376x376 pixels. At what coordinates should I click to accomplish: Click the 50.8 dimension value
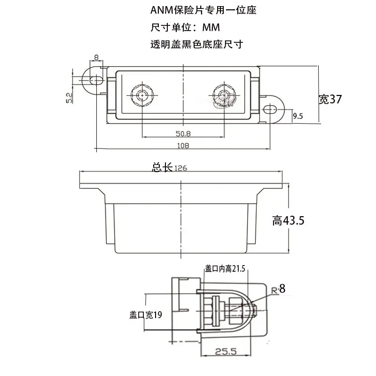pyautogui.click(x=183, y=133)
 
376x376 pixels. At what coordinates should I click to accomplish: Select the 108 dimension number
pyautogui.click(x=183, y=146)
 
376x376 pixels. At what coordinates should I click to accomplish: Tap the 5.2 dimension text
pyautogui.click(x=69, y=98)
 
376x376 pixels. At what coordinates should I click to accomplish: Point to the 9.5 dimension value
pyautogui.click(x=298, y=116)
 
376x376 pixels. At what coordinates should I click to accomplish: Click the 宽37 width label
pyautogui.click(x=330, y=99)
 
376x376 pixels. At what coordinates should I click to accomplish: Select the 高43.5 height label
pyautogui.click(x=288, y=220)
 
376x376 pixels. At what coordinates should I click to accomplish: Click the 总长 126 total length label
pyautogui.click(x=169, y=167)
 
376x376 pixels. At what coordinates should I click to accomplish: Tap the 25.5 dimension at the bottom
pyautogui.click(x=226, y=352)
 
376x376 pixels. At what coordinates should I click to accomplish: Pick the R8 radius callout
pyautogui.click(x=278, y=289)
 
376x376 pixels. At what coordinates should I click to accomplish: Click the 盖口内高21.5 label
pyautogui.click(x=225, y=269)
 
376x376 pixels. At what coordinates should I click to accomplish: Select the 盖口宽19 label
pyautogui.click(x=146, y=314)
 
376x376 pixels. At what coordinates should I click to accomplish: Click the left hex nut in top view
pyautogui.click(x=142, y=95)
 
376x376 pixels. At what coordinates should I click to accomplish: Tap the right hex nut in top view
pyautogui.click(x=224, y=95)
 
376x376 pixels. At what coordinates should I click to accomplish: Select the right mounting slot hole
pyautogui.click(x=270, y=110)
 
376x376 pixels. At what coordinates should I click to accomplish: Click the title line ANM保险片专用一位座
pyautogui.click(x=204, y=10)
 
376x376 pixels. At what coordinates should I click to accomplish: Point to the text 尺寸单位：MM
pyautogui.click(x=185, y=27)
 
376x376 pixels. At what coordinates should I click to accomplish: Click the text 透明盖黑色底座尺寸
pyautogui.click(x=196, y=44)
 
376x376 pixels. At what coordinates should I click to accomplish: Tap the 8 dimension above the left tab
pyautogui.click(x=96, y=57)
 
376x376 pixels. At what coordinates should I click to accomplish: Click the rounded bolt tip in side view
pyautogui.click(x=255, y=311)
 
